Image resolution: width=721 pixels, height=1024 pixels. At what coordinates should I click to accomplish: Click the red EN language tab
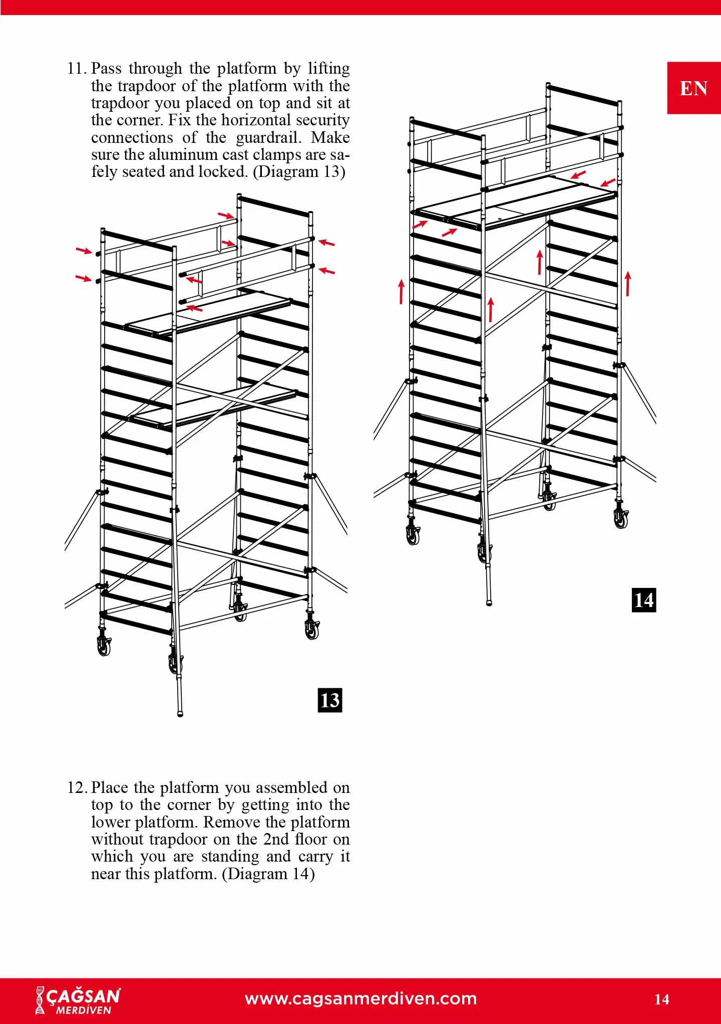pos(693,88)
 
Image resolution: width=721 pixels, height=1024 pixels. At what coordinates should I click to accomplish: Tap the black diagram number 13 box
pos(330,700)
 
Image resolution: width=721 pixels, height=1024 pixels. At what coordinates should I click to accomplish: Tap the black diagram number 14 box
pos(643,600)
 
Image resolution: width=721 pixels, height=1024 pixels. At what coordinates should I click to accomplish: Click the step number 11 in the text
pos(78,68)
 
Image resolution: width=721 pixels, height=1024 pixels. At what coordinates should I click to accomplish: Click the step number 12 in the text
pos(78,787)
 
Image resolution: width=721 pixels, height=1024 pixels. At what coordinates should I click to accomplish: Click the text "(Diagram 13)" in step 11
pos(299,171)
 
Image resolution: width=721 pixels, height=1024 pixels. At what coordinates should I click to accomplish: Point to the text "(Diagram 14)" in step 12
pos(268,874)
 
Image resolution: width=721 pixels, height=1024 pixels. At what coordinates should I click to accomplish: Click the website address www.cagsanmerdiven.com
pos(360,998)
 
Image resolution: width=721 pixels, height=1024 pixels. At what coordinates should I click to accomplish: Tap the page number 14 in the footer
pos(661,999)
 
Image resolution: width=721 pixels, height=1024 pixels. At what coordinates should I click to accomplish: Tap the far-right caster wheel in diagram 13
pos(312,629)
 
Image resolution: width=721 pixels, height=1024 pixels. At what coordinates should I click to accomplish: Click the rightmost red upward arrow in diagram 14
pos(628,284)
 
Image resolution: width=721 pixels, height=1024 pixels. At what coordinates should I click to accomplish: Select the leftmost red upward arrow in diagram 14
pos(402,292)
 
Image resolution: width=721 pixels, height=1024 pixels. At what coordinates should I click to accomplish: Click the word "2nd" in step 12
pos(274,839)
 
